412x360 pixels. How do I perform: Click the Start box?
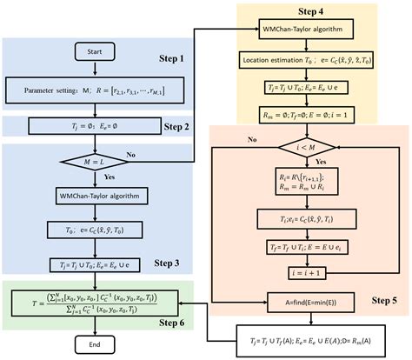96,53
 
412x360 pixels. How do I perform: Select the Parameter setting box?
96,89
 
